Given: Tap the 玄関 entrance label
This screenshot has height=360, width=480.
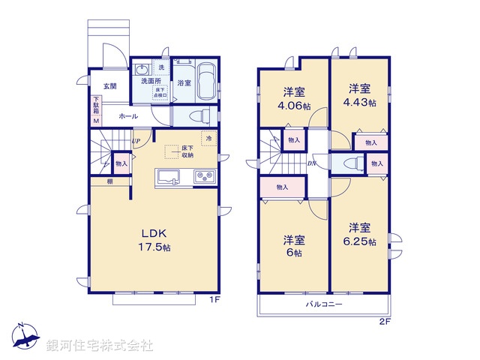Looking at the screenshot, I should click(109, 86).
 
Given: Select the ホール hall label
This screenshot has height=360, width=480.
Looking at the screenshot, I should click(127, 117).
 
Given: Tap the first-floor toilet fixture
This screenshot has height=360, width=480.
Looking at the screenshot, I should click(199, 116).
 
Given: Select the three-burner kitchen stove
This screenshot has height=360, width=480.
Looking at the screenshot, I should click(204, 177).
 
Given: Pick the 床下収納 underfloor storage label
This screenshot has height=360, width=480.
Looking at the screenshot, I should click(187, 152).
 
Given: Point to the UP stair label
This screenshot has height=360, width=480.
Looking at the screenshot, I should click(135, 141).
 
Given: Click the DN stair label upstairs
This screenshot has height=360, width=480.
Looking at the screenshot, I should click(311, 162).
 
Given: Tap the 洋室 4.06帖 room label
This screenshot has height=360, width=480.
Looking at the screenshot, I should click(294, 99).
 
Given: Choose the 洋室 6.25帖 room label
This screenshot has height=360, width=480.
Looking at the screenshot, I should click(359, 233).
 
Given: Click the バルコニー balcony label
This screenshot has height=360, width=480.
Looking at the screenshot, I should click(324, 304).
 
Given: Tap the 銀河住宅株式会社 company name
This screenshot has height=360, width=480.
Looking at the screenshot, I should click(100, 345).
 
